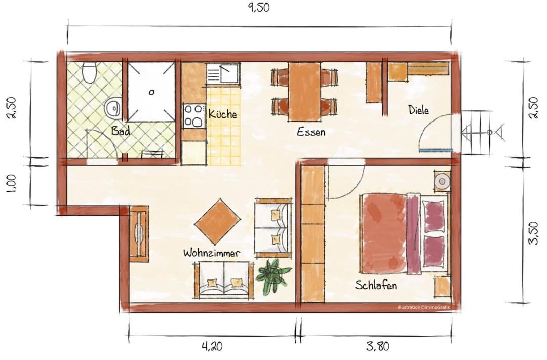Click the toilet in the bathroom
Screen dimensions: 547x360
tap(89, 72)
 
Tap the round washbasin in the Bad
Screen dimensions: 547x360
tap(113, 108)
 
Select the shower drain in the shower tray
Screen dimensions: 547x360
tap(151, 93)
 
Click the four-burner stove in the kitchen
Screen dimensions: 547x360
tap(193, 115)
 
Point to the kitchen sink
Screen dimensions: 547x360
tap(222, 73)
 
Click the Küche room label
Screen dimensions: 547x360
tap(222, 114)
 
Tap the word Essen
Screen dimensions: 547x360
tap(311, 132)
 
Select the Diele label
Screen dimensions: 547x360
tap(419, 110)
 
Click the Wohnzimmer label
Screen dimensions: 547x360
tap(212, 253)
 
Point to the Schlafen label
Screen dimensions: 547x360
tap(376, 285)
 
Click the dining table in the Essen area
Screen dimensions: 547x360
tap(304, 92)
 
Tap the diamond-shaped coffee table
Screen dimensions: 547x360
tap(217, 222)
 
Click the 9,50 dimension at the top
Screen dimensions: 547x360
tap(258, 8)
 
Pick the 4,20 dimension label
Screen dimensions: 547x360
tap(212, 346)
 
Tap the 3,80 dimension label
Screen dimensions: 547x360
tap(378, 346)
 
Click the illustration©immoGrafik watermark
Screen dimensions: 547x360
tap(423, 308)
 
